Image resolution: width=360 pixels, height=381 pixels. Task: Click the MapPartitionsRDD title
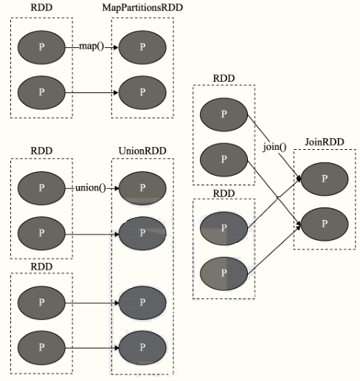pyautogui.click(x=142, y=7)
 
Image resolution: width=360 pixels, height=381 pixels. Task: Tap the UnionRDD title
pyautogui.click(x=142, y=151)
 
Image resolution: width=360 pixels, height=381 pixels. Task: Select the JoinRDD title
pyautogui.click(x=325, y=142)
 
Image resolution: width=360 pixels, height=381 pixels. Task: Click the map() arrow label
pyautogui.click(x=91, y=47)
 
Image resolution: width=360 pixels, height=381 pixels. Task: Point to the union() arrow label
pyautogui.click(x=91, y=188)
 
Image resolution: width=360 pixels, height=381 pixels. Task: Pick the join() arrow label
pyautogui.click(x=274, y=147)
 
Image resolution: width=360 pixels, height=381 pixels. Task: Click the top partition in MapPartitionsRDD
pyautogui.click(x=142, y=47)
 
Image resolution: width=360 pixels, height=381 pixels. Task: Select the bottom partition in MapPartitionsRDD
pyautogui.click(x=142, y=92)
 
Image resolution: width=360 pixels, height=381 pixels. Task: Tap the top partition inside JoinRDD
pyautogui.click(x=325, y=179)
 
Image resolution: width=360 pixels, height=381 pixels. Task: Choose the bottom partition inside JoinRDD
pyautogui.click(x=325, y=224)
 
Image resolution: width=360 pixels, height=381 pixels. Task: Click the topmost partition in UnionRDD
pyautogui.click(x=142, y=188)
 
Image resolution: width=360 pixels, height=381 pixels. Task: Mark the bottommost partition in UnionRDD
pyautogui.click(x=142, y=348)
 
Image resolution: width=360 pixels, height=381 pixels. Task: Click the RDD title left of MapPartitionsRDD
pyautogui.click(x=41, y=7)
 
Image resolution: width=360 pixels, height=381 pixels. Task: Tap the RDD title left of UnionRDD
pyautogui.click(x=41, y=151)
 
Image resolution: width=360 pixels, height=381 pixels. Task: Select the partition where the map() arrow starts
pyautogui.click(x=41, y=47)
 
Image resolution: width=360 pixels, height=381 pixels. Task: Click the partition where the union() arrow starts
pyautogui.click(x=41, y=188)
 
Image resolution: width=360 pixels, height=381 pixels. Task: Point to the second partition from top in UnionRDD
pyautogui.click(x=142, y=233)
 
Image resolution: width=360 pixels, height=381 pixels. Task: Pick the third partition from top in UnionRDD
pyautogui.click(x=142, y=303)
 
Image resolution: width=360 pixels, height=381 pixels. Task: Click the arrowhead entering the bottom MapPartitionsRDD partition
pyautogui.click(x=116, y=92)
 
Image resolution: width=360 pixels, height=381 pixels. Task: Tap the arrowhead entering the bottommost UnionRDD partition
pyautogui.click(x=117, y=348)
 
